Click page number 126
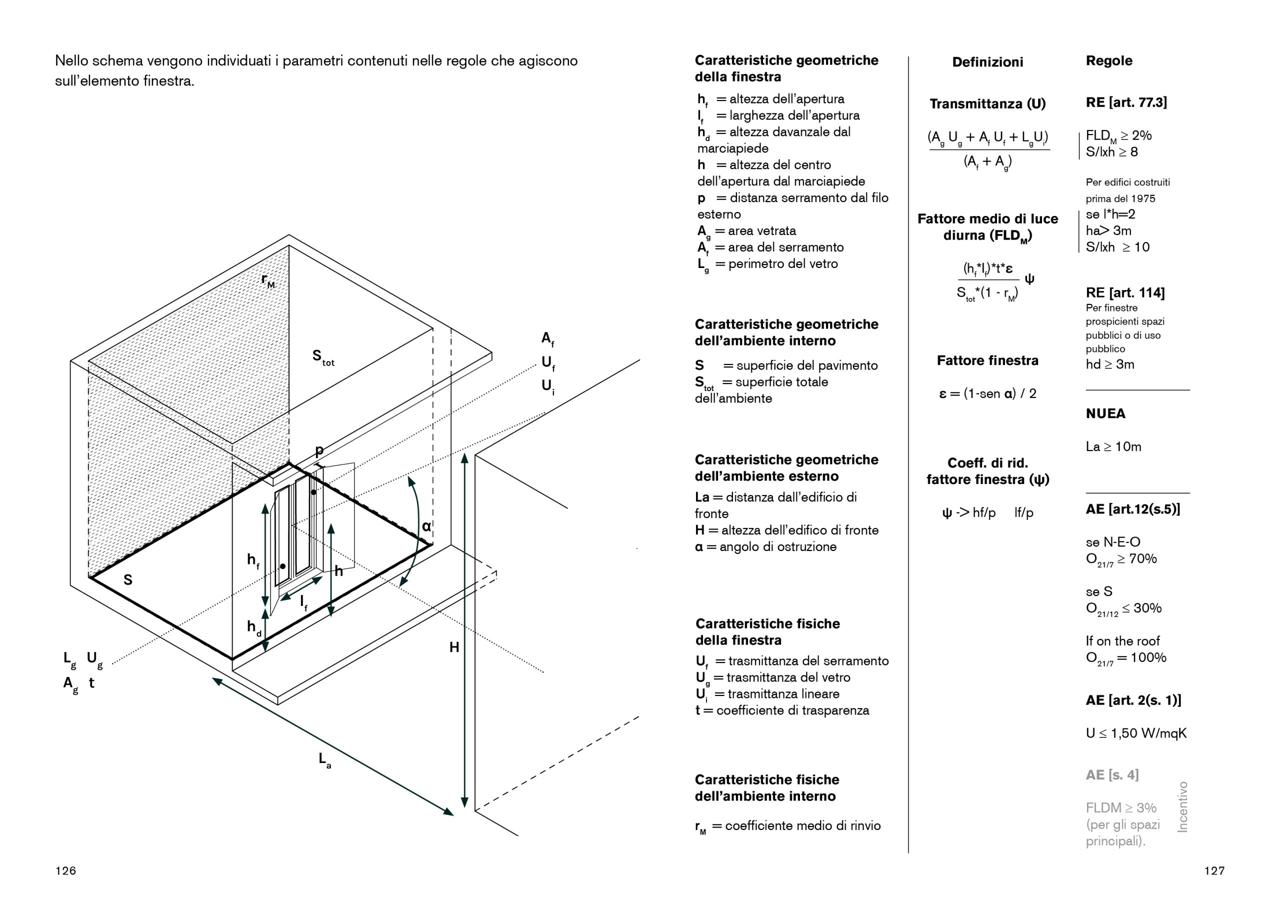pos(65,870)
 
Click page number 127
pos(1214,870)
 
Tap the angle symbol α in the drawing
pos(426,526)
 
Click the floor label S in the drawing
pos(128,580)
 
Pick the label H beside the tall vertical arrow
pos(454,647)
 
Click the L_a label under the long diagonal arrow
pos(324,760)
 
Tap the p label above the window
pos(319,450)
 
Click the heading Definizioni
pos(987,62)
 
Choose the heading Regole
pos(1108,61)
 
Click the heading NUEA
pos(1105,413)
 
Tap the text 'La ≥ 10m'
pos(1113,446)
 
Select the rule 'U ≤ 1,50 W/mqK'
pos(1136,733)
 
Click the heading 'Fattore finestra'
pos(987,360)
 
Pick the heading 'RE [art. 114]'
pos(1124,293)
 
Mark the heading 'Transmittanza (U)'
pos(987,104)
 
